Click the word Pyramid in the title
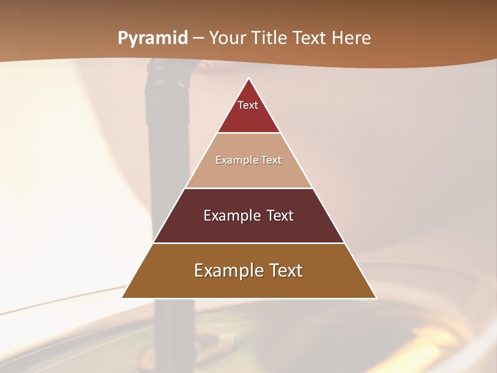pyautogui.click(x=152, y=38)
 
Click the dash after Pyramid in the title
pyautogui.click(x=198, y=38)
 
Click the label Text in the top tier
pyautogui.click(x=248, y=105)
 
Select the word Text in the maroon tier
pyautogui.click(x=277, y=216)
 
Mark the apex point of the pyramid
pyautogui.click(x=249, y=79)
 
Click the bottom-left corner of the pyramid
pyautogui.click(x=123, y=297)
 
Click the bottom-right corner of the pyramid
pyautogui.click(x=375, y=297)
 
